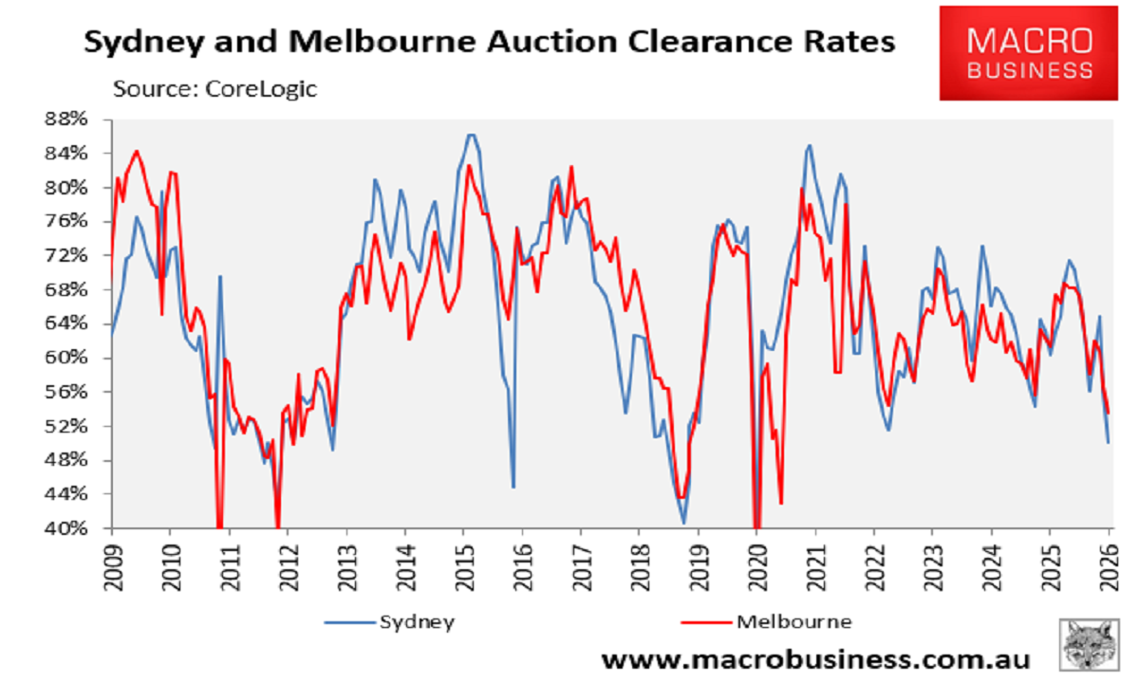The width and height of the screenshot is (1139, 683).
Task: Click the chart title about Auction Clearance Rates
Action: pos(490,43)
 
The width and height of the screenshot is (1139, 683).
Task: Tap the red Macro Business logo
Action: pos(1029,54)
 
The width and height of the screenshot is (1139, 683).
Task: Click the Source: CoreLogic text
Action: pos(215,89)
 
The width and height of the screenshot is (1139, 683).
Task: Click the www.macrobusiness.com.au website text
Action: pos(815,658)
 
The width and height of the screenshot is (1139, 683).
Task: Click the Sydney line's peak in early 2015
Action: pos(471,135)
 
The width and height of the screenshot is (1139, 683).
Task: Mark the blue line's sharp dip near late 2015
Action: pos(513,487)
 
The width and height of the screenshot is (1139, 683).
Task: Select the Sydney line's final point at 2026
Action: pos(1109,442)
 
